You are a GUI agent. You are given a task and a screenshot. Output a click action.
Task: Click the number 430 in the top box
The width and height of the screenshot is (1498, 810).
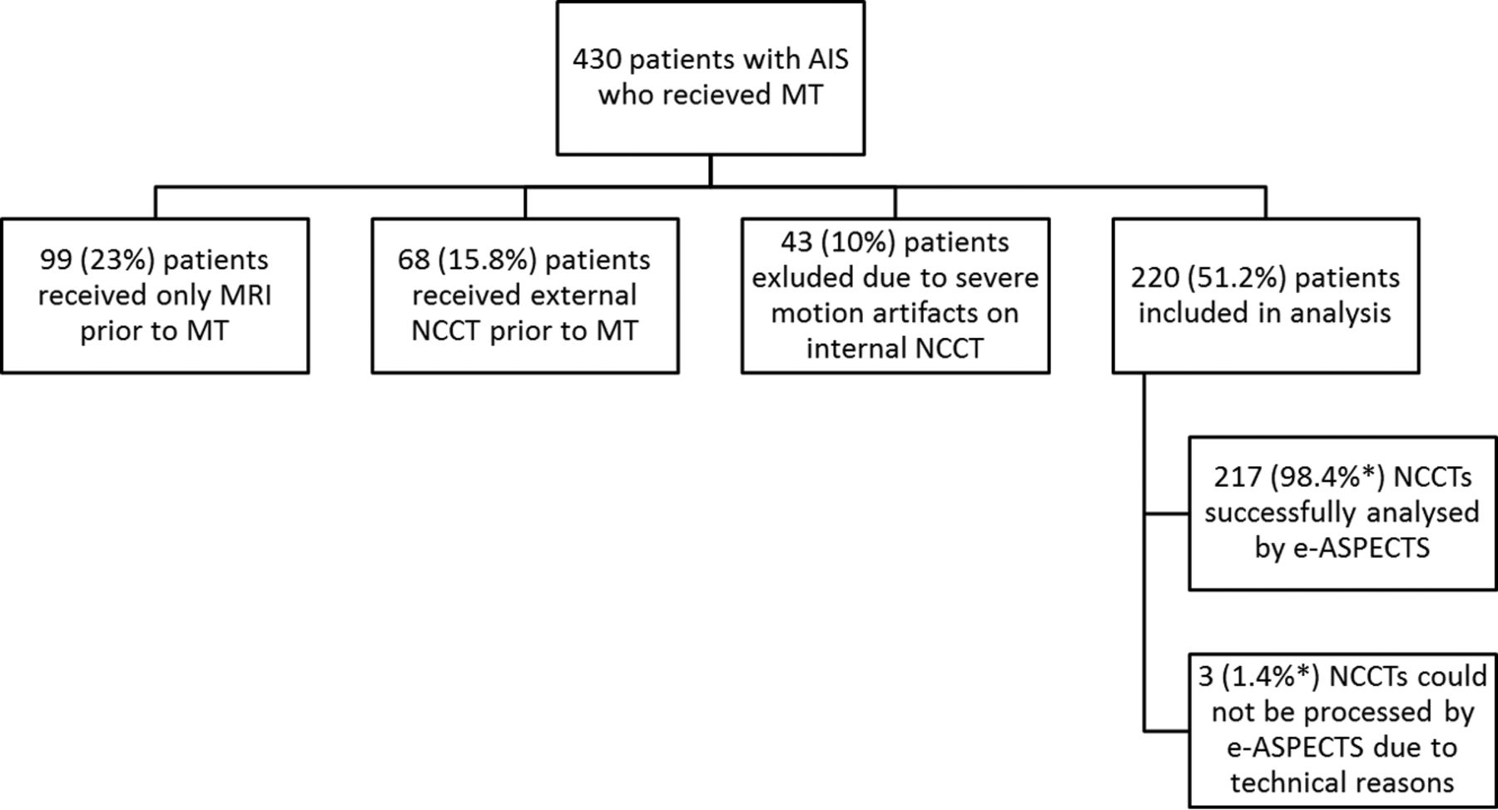(x=597, y=60)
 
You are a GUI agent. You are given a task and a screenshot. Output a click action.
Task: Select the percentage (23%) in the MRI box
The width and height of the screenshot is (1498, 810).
(x=117, y=261)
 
